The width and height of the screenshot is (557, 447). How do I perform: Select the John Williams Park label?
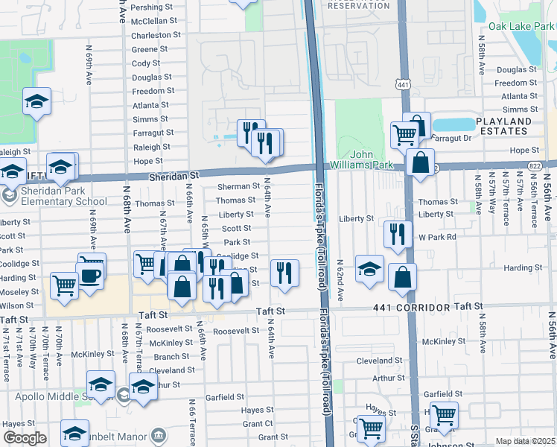click(372, 160)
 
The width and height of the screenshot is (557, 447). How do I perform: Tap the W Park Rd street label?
click(436, 237)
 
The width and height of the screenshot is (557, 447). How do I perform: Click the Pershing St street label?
click(152, 7)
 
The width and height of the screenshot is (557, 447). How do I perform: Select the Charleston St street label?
click(156, 35)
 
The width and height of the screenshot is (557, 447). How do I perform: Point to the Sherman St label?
click(238, 186)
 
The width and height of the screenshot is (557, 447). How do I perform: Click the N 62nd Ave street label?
click(339, 280)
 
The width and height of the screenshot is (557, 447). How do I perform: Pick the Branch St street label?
click(171, 356)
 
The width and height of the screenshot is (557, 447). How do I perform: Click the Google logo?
click(25, 438)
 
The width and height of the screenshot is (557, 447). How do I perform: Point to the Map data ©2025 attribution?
click(525, 441)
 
